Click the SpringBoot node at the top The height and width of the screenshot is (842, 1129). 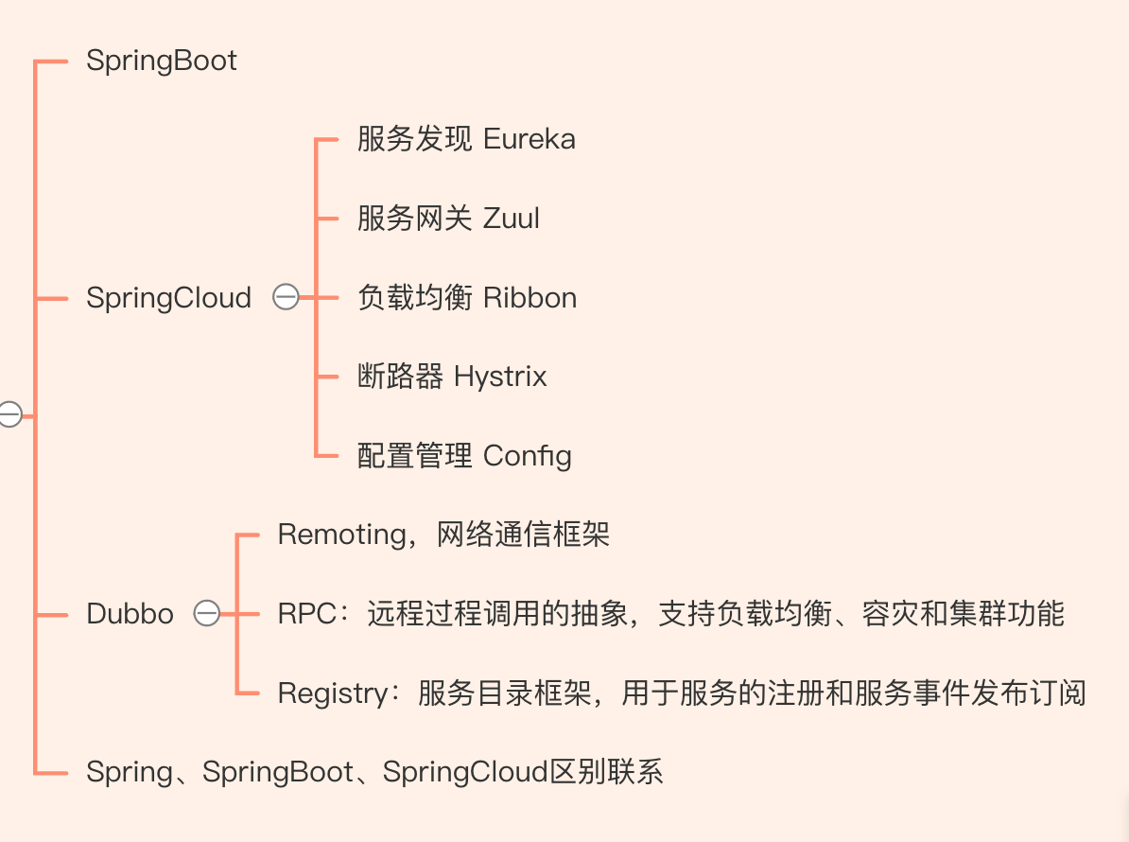(162, 61)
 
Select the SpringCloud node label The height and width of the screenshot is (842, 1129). (168, 298)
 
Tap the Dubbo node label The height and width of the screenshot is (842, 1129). (130, 614)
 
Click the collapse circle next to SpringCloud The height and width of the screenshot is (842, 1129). (286, 297)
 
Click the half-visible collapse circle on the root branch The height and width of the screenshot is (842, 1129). (10, 414)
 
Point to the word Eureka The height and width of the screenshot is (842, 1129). (530, 139)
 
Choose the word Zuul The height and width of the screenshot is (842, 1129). (512, 219)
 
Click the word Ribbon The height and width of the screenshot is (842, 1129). (530, 297)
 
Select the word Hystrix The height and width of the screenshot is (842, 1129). (500, 377)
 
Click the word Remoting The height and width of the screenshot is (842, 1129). (342, 535)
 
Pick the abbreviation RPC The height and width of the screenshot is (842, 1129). (307, 614)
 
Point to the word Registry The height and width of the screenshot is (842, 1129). (334, 693)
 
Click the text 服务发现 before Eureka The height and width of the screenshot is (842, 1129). (415, 139)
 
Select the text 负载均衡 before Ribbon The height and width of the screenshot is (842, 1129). (415, 297)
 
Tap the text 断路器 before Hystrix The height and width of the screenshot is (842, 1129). (400, 377)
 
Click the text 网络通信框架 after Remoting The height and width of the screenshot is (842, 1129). (524, 535)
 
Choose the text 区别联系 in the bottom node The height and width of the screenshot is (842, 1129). (606, 771)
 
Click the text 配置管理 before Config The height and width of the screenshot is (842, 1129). (415, 456)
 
